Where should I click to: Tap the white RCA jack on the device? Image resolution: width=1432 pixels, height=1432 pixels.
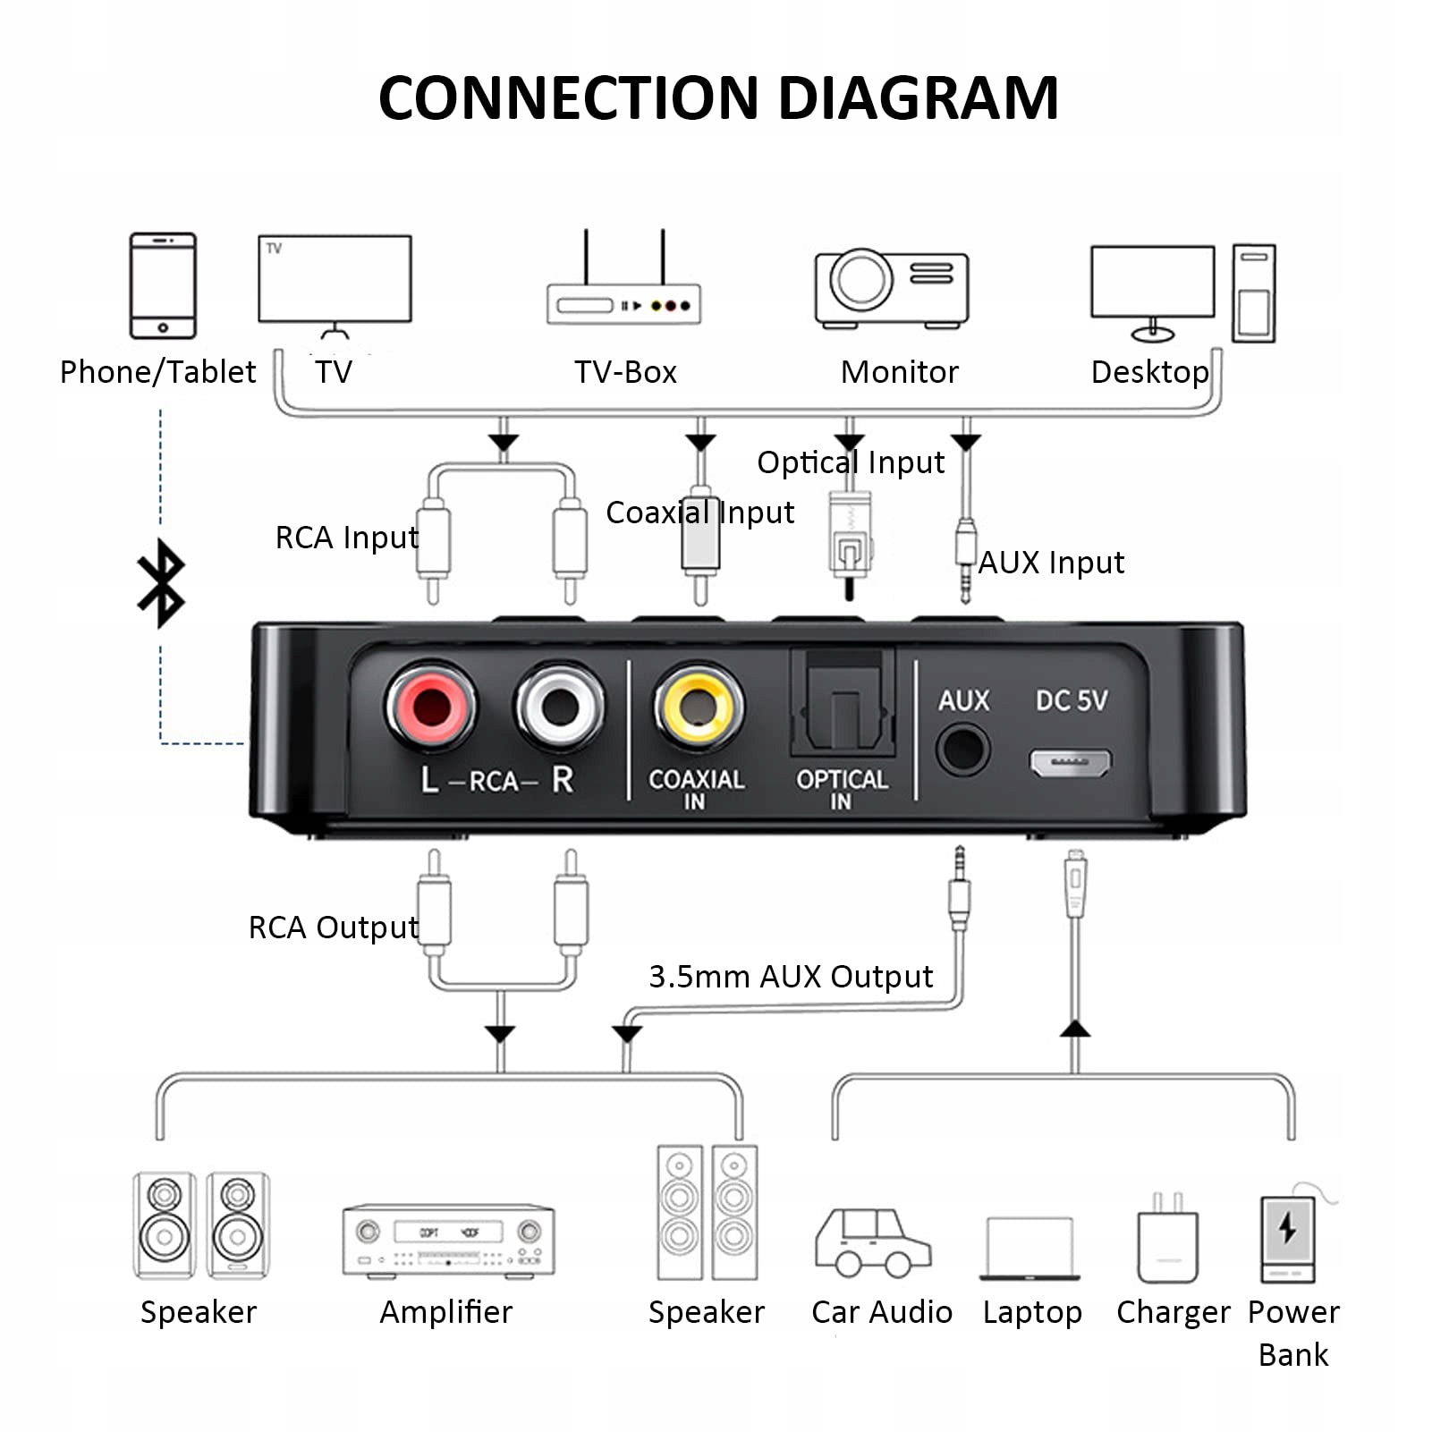[x=560, y=706]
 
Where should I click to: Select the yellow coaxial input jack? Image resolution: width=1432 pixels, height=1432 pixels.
[x=698, y=706]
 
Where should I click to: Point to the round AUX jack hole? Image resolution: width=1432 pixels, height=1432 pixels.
[x=962, y=750]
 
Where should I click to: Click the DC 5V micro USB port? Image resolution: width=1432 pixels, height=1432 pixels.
[x=1070, y=762]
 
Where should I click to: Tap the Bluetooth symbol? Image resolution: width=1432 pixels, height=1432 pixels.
[x=161, y=582]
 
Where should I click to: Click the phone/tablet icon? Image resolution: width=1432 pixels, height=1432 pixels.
[x=163, y=285]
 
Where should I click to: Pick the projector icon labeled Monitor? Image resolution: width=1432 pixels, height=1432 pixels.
[x=891, y=287]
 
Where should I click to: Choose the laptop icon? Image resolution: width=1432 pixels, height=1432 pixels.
[x=1030, y=1248]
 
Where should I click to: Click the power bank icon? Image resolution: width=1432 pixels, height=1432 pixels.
[x=1287, y=1239]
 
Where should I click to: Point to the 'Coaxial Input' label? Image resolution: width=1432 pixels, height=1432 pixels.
[x=699, y=513]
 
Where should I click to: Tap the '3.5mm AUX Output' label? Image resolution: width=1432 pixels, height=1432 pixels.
[x=791, y=977]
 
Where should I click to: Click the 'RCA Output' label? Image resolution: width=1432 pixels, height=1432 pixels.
[x=333, y=928]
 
